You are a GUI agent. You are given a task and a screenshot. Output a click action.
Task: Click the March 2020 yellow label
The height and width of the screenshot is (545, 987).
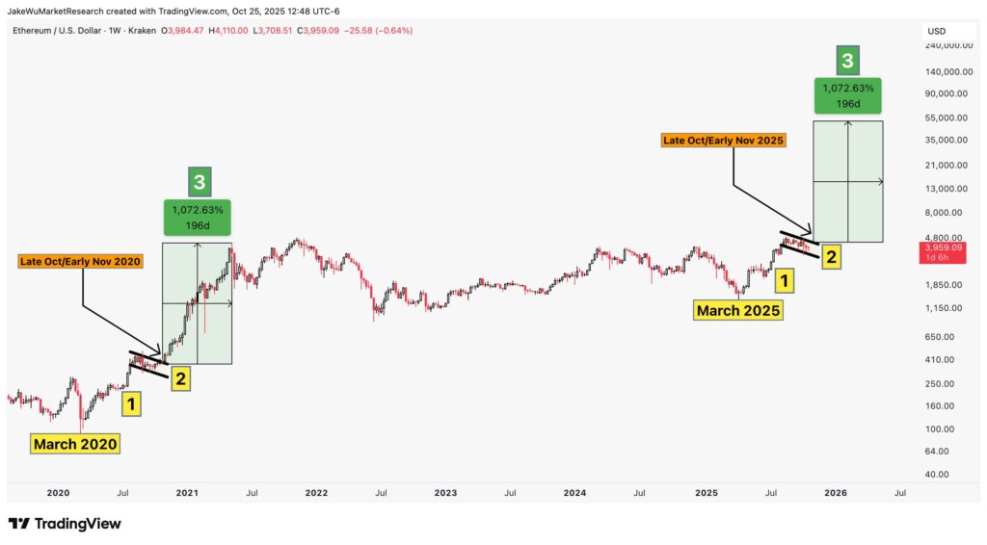click(75, 444)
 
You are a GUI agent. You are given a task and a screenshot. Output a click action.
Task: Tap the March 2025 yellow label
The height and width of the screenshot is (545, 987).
click(738, 310)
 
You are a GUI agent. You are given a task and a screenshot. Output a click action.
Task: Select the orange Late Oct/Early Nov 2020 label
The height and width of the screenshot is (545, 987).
click(81, 261)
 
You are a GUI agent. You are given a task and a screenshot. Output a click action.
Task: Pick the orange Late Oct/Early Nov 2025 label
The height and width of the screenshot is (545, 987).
click(724, 140)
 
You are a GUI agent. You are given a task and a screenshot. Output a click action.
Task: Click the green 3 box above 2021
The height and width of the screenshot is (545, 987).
click(198, 180)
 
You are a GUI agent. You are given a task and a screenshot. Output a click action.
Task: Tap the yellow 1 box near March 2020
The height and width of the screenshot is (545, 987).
click(131, 403)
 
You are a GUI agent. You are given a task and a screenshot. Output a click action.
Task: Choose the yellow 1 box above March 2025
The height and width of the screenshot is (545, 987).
click(787, 281)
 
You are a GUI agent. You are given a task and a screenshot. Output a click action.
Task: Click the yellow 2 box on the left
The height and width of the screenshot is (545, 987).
click(179, 378)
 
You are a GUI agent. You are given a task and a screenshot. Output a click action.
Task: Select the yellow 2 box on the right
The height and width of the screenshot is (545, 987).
click(831, 256)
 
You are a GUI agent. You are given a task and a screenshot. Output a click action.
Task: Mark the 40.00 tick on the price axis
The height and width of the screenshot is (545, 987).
click(938, 475)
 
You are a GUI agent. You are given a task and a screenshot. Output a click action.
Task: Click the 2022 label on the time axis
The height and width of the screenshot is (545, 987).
click(316, 493)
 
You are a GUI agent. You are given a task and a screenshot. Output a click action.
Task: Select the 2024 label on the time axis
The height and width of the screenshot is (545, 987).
click(575, 493)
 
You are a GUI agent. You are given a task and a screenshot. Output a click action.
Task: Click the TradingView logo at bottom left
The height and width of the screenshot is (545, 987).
click(65, 524)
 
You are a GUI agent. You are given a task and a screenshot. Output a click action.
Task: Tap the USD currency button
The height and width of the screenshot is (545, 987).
click(937, 31)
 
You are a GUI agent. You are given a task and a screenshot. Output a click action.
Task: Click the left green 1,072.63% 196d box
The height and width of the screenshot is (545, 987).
click(198, 219)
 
